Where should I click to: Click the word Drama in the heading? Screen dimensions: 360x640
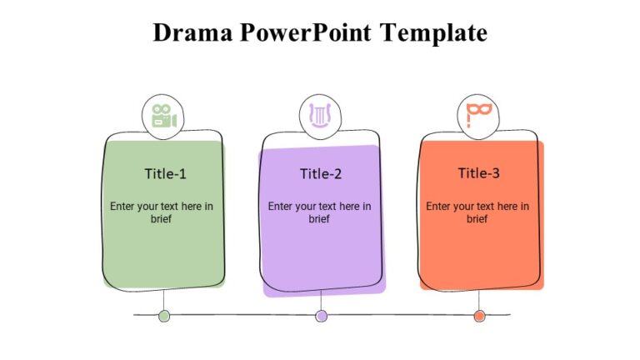coord(194,33)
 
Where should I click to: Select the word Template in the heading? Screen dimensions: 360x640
coord(433,33)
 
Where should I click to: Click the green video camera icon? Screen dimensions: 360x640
coord(163,117)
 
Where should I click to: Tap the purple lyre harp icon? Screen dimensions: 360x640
coord(321,116)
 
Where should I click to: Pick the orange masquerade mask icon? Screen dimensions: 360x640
coord(478,115)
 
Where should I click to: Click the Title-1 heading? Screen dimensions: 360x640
coord(165,174)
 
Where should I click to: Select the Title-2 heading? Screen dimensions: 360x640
coord(321,174)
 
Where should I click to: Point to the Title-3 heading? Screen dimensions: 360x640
coord(478,173)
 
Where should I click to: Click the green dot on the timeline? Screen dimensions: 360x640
coord(164,316)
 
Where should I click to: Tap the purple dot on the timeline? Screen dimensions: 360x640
coord(322,316)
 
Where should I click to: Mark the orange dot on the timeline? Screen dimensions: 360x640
coord(479,316)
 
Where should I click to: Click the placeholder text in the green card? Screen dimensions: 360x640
coord(162,212)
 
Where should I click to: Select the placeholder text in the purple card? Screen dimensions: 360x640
coord(320,212)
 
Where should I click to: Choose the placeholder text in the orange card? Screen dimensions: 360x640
coord(477,212)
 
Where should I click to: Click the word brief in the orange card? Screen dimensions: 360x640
coord(477,219)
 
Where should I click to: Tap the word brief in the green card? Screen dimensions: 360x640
coord(162,219)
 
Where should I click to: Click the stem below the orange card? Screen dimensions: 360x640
coord(479,300)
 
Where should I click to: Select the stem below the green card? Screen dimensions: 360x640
coord(164,299)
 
